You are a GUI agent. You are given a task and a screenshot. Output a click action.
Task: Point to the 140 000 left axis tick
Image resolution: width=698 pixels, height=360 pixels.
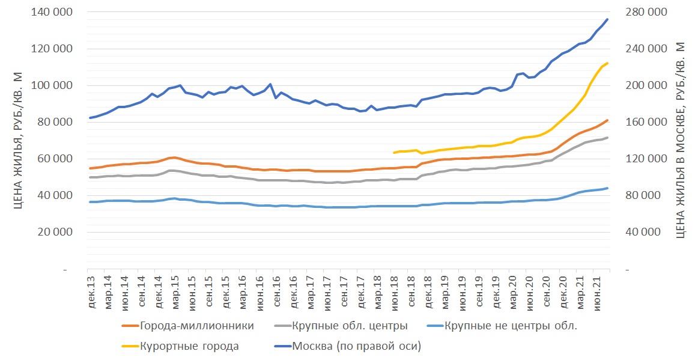51,13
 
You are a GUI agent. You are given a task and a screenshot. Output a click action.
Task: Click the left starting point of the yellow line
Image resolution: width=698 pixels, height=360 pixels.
393,153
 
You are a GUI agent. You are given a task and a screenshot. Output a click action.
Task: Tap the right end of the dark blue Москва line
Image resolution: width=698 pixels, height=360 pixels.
607,19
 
